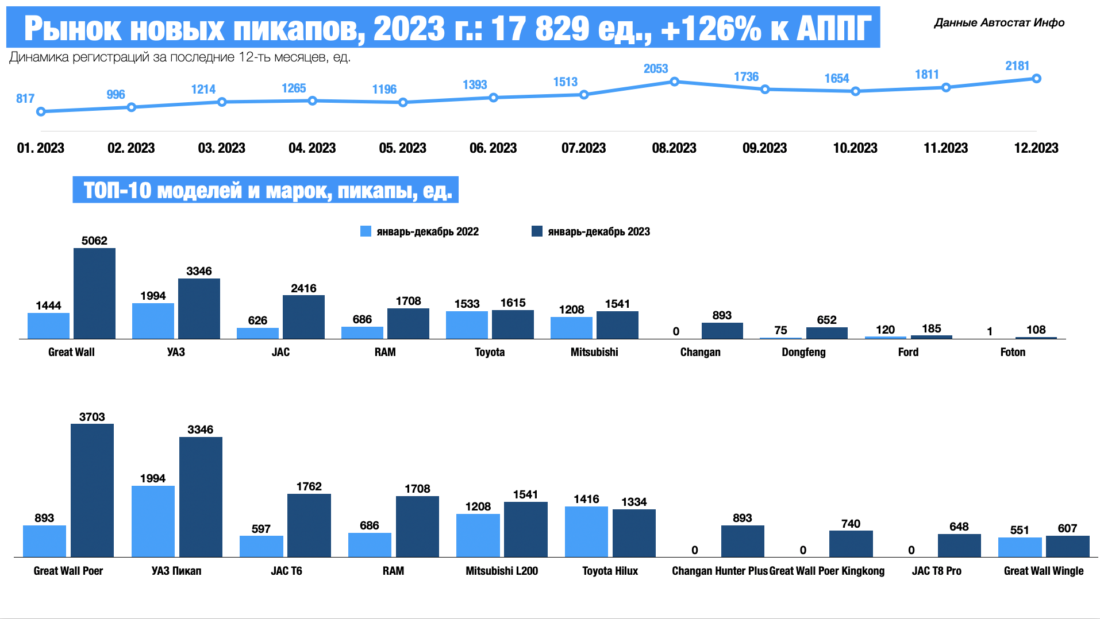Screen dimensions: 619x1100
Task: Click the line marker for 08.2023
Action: (x=674, y=82)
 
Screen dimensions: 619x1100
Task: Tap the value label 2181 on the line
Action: (x=1017, y=66)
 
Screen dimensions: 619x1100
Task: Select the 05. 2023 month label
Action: (x=402, y=148)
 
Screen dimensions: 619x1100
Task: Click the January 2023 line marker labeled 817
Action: (x=41, y=111)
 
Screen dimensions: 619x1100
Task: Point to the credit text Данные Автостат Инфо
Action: (x=999, y=23)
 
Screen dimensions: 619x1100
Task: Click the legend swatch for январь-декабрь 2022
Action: (x=366, y=231)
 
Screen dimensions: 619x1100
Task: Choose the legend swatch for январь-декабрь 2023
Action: (x=537, y=231)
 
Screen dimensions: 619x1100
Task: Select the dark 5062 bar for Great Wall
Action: (x=94, y=293)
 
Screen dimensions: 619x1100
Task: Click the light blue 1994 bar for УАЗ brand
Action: (x=153, y=321)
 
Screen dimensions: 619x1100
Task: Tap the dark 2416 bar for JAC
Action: (x=303, y=317)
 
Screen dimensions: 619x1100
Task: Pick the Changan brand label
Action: (x=700, y=352)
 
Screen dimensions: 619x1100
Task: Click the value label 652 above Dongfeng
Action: (x=826, y=320)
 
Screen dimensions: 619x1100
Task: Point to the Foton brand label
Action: (x=1012, y=352)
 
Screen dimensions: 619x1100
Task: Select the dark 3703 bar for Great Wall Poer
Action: (x=92, y=490)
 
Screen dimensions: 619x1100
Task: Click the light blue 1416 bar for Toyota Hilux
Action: (x=586, y=532)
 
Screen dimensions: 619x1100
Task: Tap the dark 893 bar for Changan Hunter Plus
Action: (x=743, y=541)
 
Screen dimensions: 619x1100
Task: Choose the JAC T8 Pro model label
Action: (x=936, y=571)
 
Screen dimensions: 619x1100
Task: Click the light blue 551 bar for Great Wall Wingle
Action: (x=1020, y=547)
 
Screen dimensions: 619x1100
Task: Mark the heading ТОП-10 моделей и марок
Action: (x=266, y=190)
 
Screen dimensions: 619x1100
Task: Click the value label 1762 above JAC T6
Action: (x=309, y=486)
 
